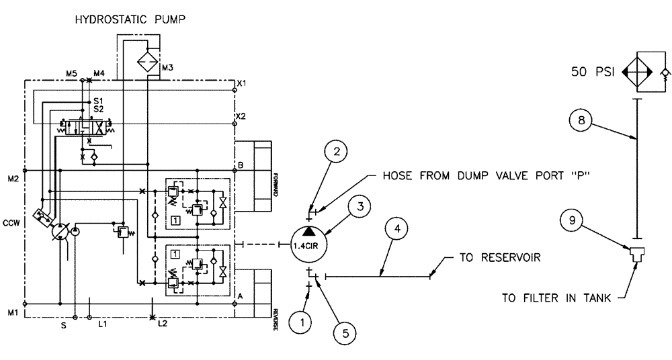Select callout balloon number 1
pyautogui.click(x=302, y=322)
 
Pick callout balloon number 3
pyautogui.click(x=361, y=208)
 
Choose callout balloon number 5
pyautogui.click(x=344, y=331)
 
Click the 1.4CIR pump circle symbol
pyautogui.click(x=307, y=246)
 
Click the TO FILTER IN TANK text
pyautogui.click(x=557, y=298)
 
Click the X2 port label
pyautogui.click(x=240, y=116)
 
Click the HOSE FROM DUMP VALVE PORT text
pyautogui.click(x=480, y=179)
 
